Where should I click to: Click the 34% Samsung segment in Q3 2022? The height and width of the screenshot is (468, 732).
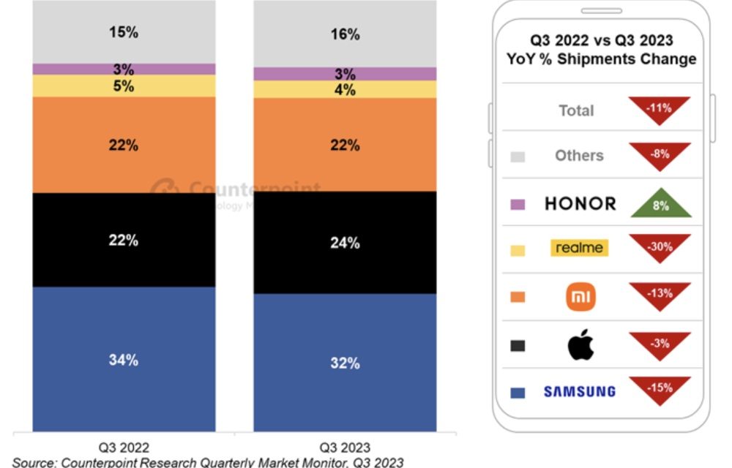(x=124, y=359)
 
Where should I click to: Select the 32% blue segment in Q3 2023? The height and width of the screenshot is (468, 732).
(x=345, y=363)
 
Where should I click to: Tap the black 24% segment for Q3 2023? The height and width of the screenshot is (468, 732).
(x=345, y=243)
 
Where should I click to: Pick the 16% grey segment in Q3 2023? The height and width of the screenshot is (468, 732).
(x=345, y=34)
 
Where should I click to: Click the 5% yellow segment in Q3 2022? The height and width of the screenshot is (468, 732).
(x=124, y=86)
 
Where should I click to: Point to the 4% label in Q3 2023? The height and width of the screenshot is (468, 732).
(x=345, y=90)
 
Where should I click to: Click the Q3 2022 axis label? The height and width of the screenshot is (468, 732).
(x=124, y=447)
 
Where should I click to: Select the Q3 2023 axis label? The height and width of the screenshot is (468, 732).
(x=346, y=447)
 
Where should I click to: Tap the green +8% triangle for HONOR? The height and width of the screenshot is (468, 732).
(x=660, y=204)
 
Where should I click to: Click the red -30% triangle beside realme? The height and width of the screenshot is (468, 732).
(x=660, y=246)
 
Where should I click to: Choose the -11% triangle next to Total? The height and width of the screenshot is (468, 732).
(x=660, y=109)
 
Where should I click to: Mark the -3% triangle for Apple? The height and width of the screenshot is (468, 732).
(x=660, y=344)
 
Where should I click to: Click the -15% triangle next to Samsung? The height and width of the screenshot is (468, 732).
(x=660, y=388)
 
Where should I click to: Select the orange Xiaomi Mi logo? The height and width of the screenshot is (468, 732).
(x=581, y=297)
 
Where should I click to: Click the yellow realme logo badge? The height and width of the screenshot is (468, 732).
(x=580, y=248)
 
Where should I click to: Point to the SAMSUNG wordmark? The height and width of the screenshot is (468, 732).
(x=580, y=392)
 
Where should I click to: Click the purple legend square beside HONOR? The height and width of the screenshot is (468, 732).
(x=518, y=205)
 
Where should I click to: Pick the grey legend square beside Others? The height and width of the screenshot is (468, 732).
(x=518, y=156)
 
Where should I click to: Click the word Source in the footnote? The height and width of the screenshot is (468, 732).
(x=35, y=462)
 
